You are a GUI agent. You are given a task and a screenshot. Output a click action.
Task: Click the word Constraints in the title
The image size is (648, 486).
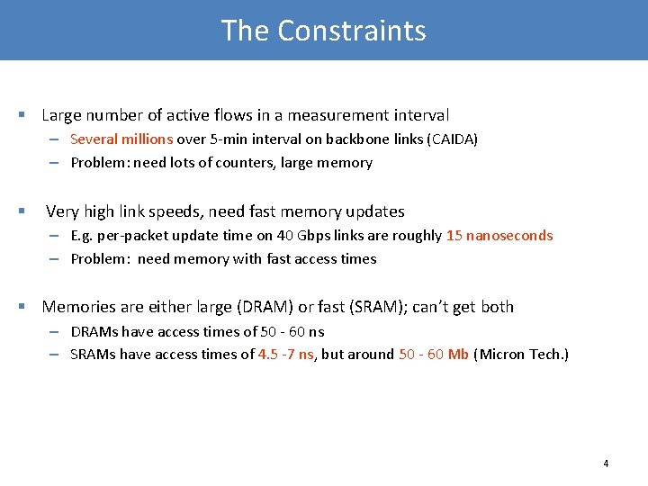coord(352,31)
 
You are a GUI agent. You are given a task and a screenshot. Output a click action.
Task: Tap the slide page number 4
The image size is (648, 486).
coord(606,463)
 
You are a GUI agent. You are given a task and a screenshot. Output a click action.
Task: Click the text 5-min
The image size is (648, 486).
coord(220,139)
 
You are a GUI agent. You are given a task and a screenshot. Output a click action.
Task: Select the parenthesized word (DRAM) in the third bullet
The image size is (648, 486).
coord(261,307)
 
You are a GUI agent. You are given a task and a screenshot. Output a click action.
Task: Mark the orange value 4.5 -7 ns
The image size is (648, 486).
coord(285,355)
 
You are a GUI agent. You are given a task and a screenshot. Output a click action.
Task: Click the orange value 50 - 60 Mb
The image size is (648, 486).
coord(433,355)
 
